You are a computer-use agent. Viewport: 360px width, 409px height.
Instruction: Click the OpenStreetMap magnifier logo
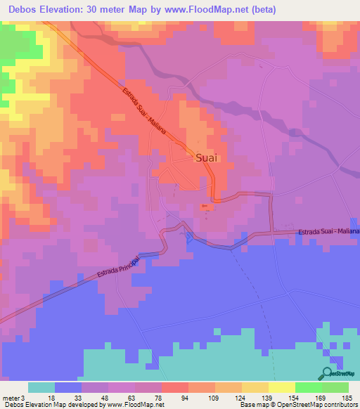pyautogui.click(x=328, y=374)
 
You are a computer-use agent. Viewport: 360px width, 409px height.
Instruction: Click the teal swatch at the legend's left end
pyautogui.click(x=41, y=387)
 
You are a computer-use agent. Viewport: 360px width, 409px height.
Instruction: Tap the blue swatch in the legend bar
pyautogui.click(x=68, y=387)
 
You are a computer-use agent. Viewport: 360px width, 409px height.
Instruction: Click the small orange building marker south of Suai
pyautogui.click(x=205, y=206)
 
